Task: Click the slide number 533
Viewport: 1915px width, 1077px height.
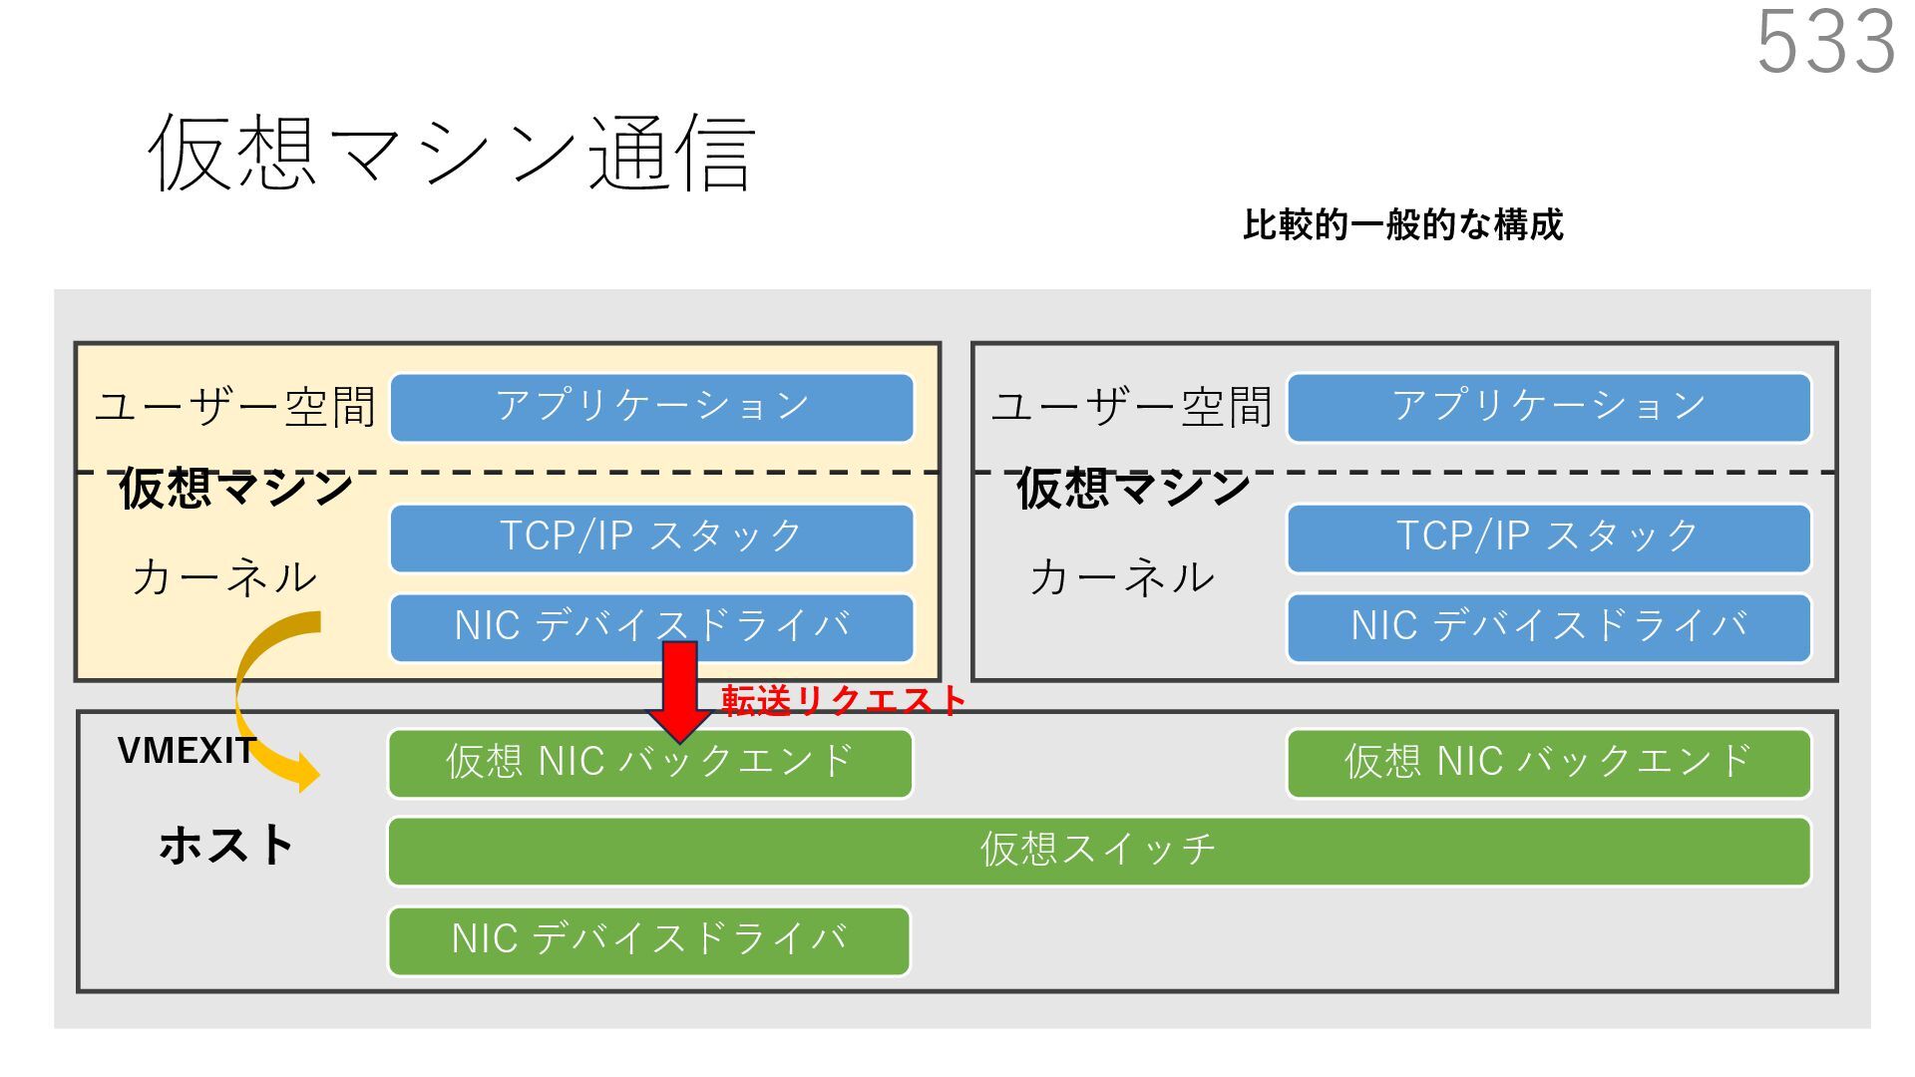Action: pos(1825,42)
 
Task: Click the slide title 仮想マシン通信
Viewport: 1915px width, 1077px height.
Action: pos(452,153)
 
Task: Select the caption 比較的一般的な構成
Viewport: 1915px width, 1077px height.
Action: pos(1402,225)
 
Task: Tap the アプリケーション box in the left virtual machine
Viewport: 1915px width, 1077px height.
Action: pos(651,407)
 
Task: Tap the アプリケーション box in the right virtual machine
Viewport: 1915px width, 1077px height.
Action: pos(1548,407)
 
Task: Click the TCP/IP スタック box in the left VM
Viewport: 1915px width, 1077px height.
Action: pos(651,538)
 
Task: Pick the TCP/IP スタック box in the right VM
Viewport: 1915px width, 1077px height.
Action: pos(1548,538)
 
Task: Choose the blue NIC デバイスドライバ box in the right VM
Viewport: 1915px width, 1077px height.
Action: pos(1548,627)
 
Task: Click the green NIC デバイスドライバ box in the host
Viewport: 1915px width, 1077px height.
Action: pos(648,939)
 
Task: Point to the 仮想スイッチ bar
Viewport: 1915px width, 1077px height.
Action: pos(1098,851)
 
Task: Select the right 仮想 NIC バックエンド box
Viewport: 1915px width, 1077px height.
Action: pos(1548,763)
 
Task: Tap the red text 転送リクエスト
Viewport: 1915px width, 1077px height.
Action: pos(843,701)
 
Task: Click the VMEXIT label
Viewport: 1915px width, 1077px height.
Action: pos(186,751)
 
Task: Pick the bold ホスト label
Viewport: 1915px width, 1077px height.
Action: pos(225,846)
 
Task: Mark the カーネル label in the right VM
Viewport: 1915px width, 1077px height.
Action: pos(1122,577)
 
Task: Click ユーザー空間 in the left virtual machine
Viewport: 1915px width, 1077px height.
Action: pos(235,407)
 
